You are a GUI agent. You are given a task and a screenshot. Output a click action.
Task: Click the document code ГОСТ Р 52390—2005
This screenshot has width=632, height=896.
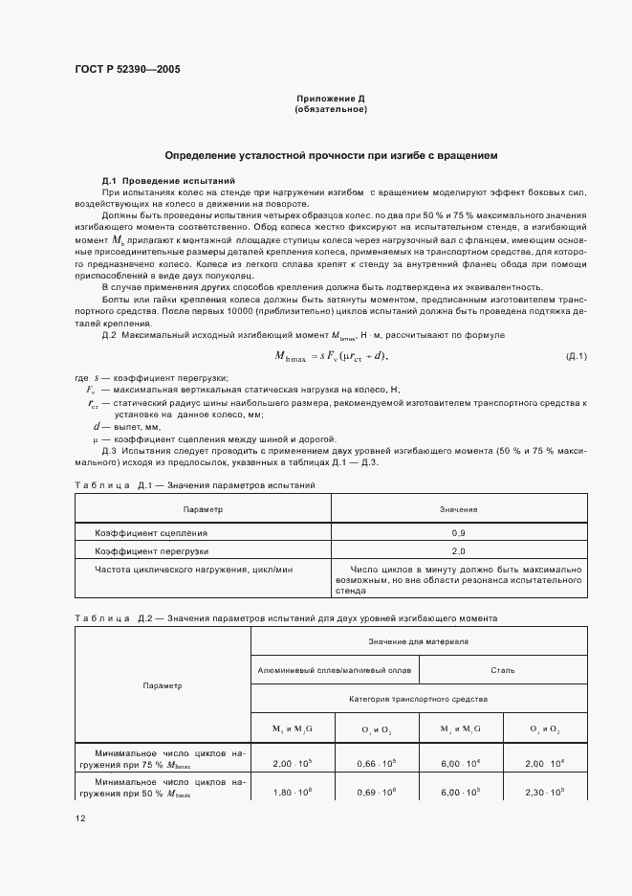coord(127,69)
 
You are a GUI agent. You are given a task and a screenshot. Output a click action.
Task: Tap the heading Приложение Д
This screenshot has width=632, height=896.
coord(331,99)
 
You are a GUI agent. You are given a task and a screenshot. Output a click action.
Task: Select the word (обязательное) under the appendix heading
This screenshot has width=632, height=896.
coord(331,109)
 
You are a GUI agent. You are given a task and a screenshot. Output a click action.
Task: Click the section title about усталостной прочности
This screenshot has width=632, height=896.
coord(331,155)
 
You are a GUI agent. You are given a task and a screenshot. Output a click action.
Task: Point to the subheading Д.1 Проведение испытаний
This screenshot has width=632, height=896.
coord(161,181)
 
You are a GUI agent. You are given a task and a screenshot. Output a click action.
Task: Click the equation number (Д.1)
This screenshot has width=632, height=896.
coord(577,357)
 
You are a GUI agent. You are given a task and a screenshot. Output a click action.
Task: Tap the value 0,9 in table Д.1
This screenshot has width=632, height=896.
coord(458,532)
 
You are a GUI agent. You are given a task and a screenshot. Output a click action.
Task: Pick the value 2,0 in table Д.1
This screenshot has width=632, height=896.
coord(458,551)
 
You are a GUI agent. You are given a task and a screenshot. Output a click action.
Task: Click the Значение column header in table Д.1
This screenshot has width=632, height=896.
coord(458,509)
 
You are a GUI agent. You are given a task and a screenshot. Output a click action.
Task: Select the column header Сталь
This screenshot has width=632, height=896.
coord(502,670)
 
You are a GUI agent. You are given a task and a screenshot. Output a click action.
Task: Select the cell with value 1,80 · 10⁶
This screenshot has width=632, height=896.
coord(292,793)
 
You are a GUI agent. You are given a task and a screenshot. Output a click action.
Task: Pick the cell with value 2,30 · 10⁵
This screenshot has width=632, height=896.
coord(545,793)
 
